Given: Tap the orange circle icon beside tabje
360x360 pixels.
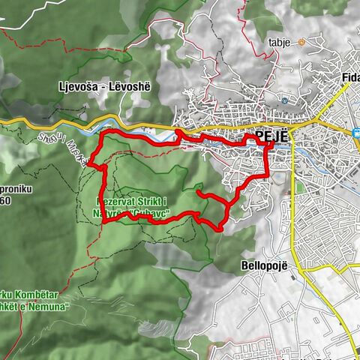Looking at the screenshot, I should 301,43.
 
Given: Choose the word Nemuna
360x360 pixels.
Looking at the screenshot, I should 52,307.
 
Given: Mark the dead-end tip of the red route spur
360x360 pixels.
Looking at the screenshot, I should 197,195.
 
